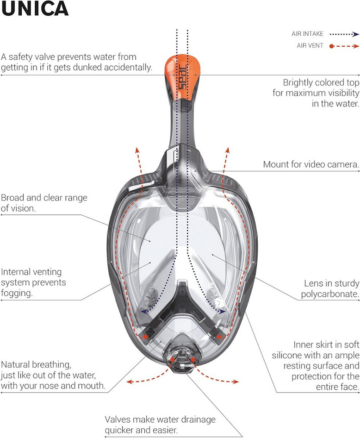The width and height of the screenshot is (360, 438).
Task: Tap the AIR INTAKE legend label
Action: coord(307,34)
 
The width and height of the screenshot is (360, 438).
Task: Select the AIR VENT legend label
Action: coord(310,45)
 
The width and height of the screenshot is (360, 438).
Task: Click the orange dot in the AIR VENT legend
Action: coord(331,46)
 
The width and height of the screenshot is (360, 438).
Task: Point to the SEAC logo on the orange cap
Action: coord(183,77)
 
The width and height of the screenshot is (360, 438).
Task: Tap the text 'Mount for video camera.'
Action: coord(311,164)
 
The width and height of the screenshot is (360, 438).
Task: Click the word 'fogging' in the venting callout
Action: coord(16,293)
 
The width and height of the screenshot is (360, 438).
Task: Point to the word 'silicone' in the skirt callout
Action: coord(286,355)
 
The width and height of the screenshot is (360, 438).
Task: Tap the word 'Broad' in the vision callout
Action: coord(13,198)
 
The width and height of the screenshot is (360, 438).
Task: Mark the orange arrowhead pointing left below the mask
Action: coord(130,382)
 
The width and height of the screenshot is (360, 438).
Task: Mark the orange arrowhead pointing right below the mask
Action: coord(236,382)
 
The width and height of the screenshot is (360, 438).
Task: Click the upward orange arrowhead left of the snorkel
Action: coord(137,150)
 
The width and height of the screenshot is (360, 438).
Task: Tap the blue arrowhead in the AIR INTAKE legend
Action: coord(355,34)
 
